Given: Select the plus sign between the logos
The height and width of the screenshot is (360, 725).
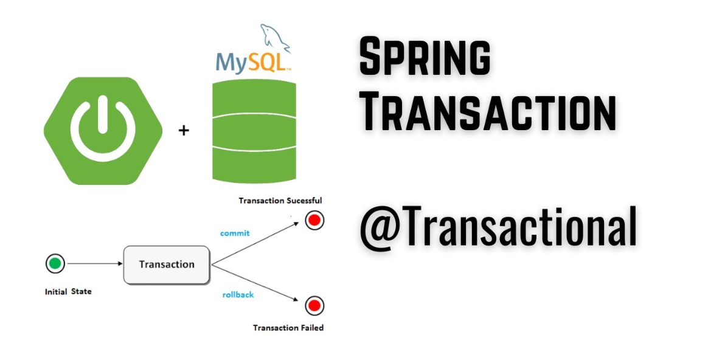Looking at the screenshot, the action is click(184, 130).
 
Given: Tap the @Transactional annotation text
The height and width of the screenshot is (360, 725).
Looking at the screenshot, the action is click(498, 226).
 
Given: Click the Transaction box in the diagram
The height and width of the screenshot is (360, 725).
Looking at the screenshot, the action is click(167, 265).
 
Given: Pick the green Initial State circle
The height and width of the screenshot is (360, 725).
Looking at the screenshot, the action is click(55, 264).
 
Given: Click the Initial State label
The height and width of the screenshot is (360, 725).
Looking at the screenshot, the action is click(68, 292).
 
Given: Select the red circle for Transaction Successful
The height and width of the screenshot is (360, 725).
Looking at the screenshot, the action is click(314, 220).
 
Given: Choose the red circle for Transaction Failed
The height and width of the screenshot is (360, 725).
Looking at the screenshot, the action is click(314, 305).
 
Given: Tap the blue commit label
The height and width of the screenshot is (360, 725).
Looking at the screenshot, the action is click(235, 233).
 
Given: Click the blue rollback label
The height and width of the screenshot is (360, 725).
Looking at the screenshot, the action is click(238, 295).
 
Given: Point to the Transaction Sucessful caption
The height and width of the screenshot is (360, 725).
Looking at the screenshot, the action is click(280, 200).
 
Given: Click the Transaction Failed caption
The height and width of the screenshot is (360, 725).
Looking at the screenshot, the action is click(288, 328).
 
